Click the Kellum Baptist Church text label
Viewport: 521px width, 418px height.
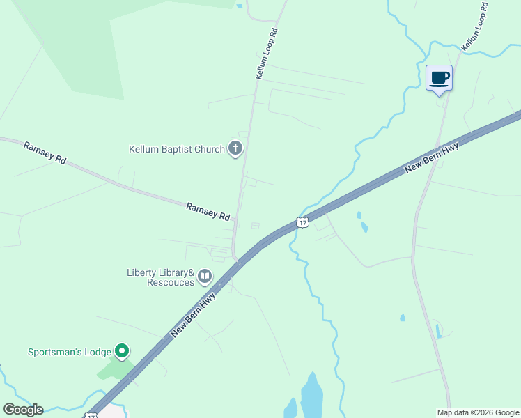(x=177, y=149)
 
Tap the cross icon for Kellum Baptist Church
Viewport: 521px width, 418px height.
(x=236, y=148)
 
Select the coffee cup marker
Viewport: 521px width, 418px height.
(x=439, y=78)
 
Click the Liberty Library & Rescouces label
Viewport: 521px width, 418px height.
(x=160, y=277)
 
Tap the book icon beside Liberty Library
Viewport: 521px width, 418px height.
(x=205, y=277)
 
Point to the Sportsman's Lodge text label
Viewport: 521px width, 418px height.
(x=70, y=351)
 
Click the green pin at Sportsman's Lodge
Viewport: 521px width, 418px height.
(x=122, y=350)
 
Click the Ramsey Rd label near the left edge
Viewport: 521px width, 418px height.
(x=45, y=153)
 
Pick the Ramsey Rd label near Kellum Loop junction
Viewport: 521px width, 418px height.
(x=208, y=212)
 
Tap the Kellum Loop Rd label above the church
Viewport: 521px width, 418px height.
(x=267, y=53)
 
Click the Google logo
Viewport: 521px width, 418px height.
(x=23, y=410)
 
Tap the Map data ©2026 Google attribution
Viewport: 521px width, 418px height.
(x=478, y=412)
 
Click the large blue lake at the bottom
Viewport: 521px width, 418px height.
(x=311, y=396)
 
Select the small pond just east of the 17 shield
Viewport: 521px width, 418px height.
(x=364, y=226)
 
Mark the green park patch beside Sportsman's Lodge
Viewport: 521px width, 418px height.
(x=111, y=367)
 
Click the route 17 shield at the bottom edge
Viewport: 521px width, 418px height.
(x=91, y=415)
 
